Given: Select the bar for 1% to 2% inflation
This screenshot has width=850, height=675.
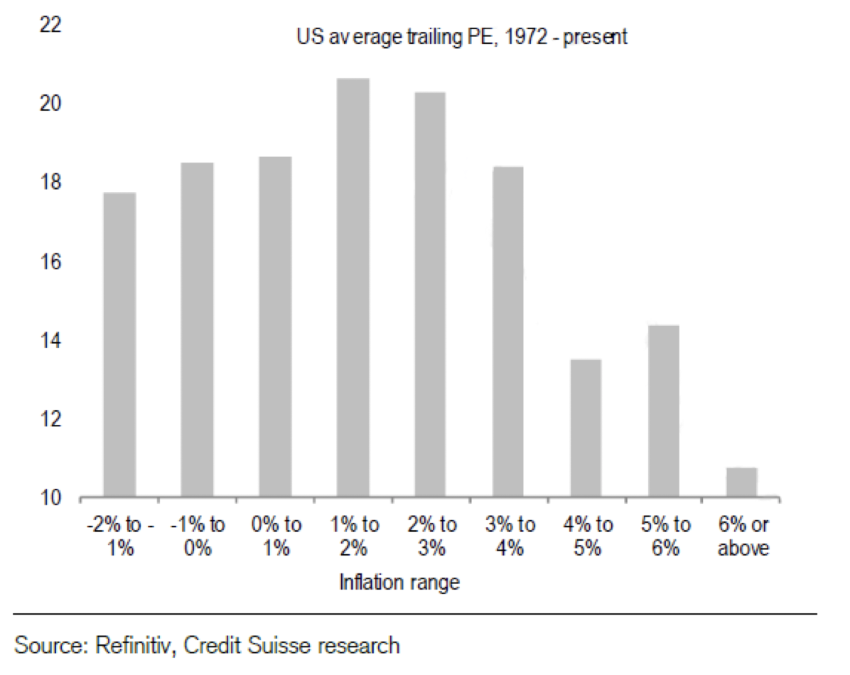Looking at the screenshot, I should (353, 288).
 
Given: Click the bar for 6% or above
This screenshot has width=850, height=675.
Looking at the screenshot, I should (741, 482).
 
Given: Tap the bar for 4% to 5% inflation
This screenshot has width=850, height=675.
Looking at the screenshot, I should (586, 428).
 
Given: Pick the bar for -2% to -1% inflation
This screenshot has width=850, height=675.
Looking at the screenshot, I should (119, 345).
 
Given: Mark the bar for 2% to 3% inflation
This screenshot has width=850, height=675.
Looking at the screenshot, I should (430, 295).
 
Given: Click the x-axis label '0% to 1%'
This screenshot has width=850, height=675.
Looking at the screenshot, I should (276, 537).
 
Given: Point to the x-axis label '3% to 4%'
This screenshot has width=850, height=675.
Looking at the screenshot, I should (510, 537).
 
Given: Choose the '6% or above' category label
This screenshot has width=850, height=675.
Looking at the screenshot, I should (743, 537).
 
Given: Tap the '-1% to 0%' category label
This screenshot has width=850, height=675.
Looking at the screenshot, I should (198, 537).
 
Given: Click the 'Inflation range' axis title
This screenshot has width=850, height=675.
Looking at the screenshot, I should (399, 583).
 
